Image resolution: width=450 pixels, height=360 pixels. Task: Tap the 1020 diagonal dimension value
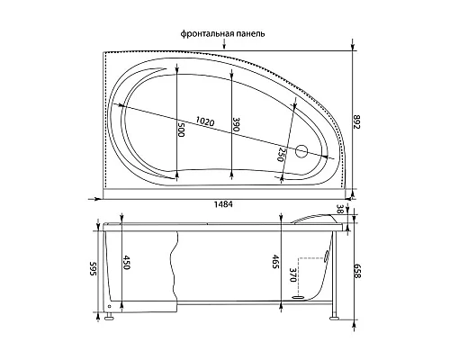[206, 121]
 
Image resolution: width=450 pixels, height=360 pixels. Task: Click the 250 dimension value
[283, 154]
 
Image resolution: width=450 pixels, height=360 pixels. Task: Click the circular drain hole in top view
[302, 152]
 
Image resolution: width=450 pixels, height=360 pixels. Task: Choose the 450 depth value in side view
[127, 264]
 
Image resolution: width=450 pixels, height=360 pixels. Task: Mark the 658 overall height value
[359, 267]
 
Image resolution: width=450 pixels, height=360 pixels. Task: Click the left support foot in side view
[110, 314]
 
